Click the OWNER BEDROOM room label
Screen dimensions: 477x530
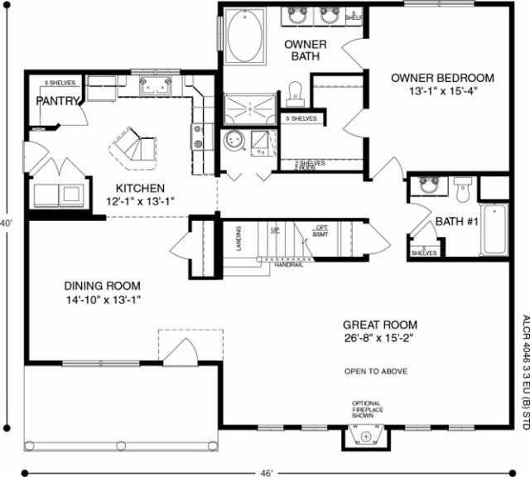(x=442, y=78)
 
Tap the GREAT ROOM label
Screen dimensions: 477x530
(x=381, y=325)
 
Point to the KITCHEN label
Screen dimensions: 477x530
(x=140, y=188)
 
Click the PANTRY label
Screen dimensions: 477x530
(x=57, y=101)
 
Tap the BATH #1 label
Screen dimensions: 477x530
(x=455, y=222)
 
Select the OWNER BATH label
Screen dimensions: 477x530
(x=305, y=50)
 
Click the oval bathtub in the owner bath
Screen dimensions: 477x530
(x=244, y=36)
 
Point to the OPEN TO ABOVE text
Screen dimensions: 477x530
(x=375, y=371)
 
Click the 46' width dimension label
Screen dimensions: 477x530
(x=267, y=473)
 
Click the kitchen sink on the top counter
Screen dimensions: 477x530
(x=155, y=84)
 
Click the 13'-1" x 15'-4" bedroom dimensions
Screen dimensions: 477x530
(x=442, y=91)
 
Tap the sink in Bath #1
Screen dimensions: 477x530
(x=429, y=185)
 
